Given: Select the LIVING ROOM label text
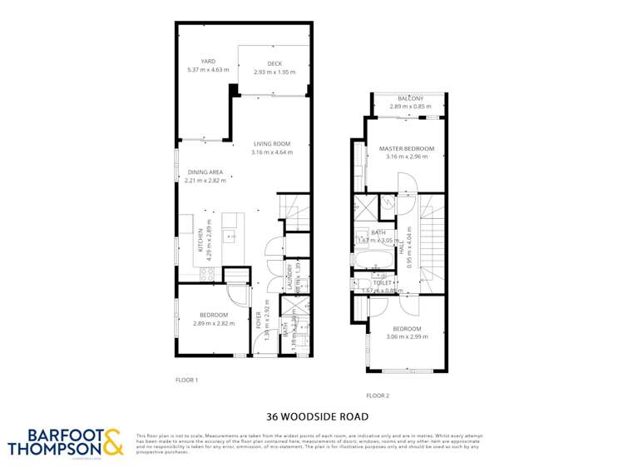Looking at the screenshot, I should [x=272, y=143].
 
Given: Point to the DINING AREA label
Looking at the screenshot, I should [x=205, y=171].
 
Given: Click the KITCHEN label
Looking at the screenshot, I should [x=200, y=240].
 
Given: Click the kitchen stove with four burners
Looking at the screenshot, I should [x=208, y=272].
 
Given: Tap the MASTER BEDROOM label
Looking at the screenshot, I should [x=407, y=148].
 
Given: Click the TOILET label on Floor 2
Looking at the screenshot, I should [x=383, y=282].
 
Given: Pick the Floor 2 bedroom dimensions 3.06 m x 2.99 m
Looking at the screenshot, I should [x=407, y=337].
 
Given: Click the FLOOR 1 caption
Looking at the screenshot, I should [x=186, y=379].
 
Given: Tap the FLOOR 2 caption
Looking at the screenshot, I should [x=378, y=396].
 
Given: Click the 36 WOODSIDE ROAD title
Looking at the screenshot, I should [x=311, y=416].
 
